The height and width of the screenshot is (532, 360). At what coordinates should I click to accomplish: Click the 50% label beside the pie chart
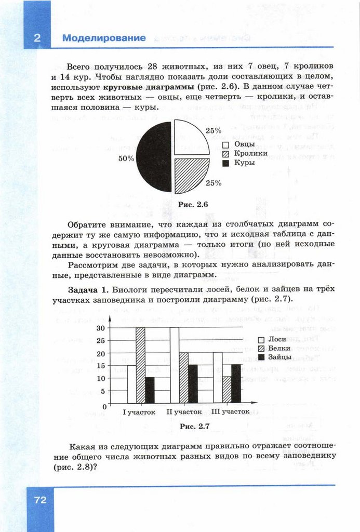(126, 158)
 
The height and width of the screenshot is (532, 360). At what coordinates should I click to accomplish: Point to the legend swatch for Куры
(225, 163)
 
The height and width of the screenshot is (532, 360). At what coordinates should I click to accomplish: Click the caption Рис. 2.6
(193, 205)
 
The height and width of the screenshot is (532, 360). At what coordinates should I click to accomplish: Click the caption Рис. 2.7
(194, 426)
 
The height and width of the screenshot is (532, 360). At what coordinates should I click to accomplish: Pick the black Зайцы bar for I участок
(150, 390)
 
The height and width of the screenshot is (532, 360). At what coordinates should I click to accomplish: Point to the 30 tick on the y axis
(101, 328)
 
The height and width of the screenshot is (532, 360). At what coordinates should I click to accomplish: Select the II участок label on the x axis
(184, 412)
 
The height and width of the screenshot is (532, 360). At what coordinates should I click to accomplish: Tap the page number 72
(40, 500)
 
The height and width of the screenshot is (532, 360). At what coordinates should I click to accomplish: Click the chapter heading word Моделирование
(104, 38)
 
